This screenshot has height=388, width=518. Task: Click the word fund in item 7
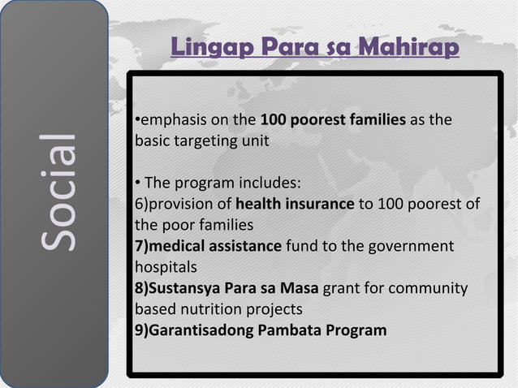[x=301, y=245]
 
